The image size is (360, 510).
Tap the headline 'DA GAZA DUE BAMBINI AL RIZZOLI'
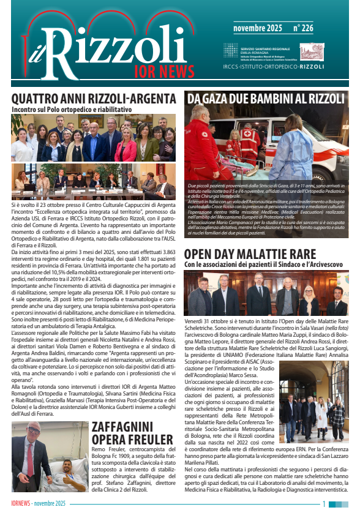click(266, 99)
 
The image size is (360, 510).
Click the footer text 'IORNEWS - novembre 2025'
click(38, 504)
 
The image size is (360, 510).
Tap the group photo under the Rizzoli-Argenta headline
click(93, 138)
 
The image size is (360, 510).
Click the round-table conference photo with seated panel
click(93, 182)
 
